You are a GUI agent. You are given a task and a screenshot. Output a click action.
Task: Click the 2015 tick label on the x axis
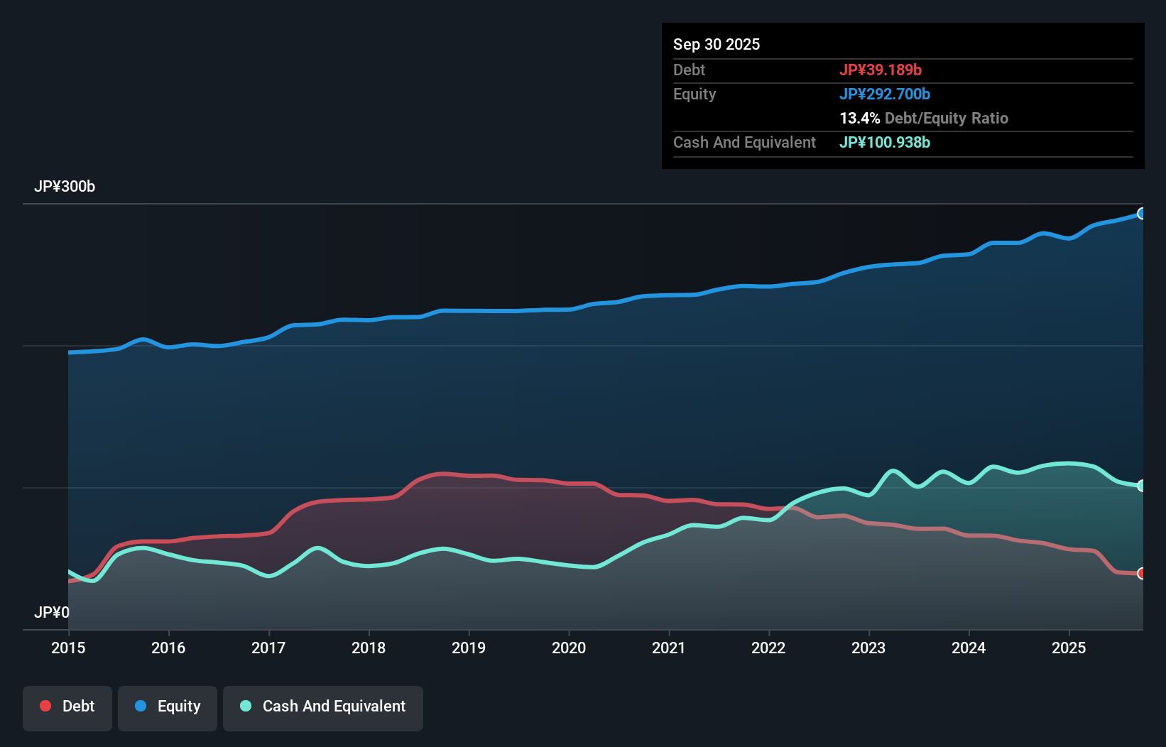point(68,648)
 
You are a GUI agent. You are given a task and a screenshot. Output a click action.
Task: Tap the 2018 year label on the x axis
point(369,648)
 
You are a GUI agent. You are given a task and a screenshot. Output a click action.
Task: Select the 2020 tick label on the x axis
point(569,648)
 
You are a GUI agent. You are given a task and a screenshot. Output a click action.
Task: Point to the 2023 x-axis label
point(868,648)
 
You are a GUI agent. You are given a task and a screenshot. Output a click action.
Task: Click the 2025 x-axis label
point(1069,648)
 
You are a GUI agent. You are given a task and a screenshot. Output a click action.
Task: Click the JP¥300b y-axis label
point(65,186)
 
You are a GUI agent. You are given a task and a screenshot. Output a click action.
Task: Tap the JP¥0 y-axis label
point(52,612)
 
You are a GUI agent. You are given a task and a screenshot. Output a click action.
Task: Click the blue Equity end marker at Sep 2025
point(1141,214)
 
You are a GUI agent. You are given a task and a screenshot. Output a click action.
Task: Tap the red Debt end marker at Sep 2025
point(1141,573)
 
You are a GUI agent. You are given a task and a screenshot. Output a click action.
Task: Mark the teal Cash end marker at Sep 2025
point(1141,486)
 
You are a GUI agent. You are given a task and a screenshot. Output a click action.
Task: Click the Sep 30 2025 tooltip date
point(717,44)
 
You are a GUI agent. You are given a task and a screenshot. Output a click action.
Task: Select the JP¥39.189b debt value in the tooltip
point(881,70)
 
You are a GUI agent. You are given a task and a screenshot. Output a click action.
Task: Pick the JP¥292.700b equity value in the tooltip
point(885,94)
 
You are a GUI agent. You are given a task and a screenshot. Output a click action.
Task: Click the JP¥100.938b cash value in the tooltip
point(885,142)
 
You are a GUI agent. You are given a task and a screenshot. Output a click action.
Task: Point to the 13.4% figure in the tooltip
point(859,118)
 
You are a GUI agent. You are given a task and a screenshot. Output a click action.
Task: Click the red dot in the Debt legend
point(45,706)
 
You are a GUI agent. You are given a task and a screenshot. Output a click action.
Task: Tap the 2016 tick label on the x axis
point(168,648)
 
